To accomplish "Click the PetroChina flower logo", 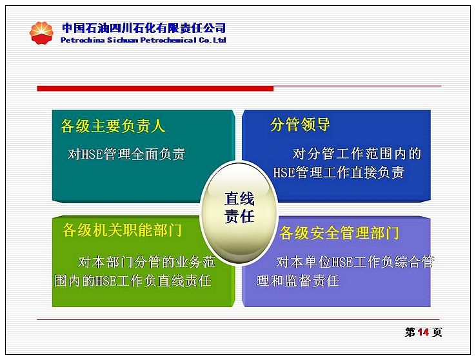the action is pyautogui.click(x=41, y=33).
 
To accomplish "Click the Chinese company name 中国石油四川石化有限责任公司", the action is pyautogui.click(x=144, y=28).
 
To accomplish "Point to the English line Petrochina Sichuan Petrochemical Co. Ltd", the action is pyautogui.click(x=143, y=40).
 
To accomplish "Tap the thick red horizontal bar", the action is pyautogui.click(x=155, y=88).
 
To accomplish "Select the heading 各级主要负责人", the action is pyautogui.click(x=113, y=126).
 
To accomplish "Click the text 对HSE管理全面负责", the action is pyautogui.click(x=126, y=154).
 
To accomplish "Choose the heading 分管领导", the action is pyautogui.click(x=300, y=125).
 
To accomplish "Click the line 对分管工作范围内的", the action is pyautogui.click(x=357, y=154).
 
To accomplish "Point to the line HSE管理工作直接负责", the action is pyautogui.click(x=339, y=172).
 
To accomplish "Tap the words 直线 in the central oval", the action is pyautogui.click(x=239, y=199).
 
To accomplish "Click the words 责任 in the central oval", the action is pyautogui.click(x=239, y=216).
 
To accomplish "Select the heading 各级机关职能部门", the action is pyautogui.click(x=122, y=230).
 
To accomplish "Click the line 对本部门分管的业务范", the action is pyautogui.click(x=146, y=262).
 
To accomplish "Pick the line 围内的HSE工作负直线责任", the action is pyautogui.click(x=133, y=281).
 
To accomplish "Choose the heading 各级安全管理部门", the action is pyautogui.click(x=339, y=233).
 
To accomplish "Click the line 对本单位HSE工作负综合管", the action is pyautogui.click(x=355, y=262).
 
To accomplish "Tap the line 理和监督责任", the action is pyautogui.click(x=298, y=281).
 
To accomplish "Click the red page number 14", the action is pyautogui.click(x=423, y=332).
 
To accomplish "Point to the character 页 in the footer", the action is pyautogui.click(x=437, y=332).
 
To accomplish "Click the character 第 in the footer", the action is pyautogui.click(x=410, y=332).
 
